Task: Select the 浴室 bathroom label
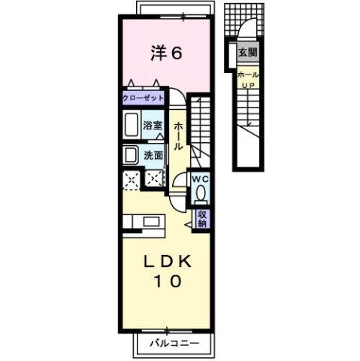(x=153, y=126)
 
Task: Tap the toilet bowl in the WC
(x=201, y=194)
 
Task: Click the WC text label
(x=200, y=179)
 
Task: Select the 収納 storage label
(x=202, y=218)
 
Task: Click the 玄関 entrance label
(x=247, y=53)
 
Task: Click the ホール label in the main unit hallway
(x=177, y=135)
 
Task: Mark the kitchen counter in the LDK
(x=134, y=223)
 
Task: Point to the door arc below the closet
(x=174, y=100)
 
